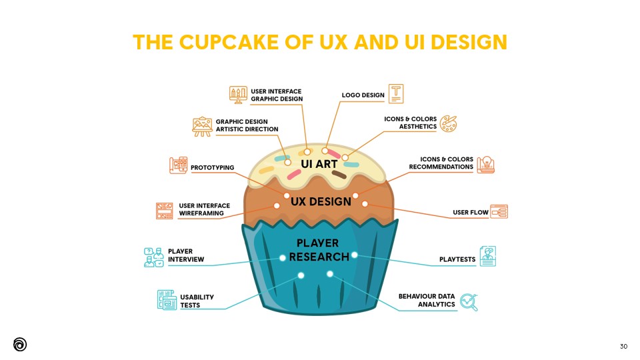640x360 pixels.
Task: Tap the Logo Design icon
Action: pos(396,93)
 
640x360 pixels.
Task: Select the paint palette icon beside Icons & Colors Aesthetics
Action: pos(448,123)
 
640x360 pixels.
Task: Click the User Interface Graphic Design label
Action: pos(277,95)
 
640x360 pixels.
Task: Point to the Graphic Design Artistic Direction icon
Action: pos(202,126)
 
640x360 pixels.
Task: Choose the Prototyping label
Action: pos(212,167)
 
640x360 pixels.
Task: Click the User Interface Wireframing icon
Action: pos(165,210)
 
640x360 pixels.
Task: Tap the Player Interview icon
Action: pos(153,256)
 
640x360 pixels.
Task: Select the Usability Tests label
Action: pos(197,301)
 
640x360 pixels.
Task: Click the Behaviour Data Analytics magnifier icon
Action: pos(469,302)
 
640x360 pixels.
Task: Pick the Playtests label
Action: pos(457,259)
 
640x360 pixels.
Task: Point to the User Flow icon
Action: pos(499,212)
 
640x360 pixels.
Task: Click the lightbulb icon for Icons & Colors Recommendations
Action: pos(486,164)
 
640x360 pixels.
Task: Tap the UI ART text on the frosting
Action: pos(319,164)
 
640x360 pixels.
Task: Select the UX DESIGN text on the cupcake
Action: pos(321,201)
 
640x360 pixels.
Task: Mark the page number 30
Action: pos(623,346)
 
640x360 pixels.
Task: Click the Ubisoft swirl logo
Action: pos(20,344)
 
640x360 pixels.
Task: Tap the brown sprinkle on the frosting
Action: pos(339,175)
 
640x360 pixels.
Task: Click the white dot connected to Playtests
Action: pos(355,255)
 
